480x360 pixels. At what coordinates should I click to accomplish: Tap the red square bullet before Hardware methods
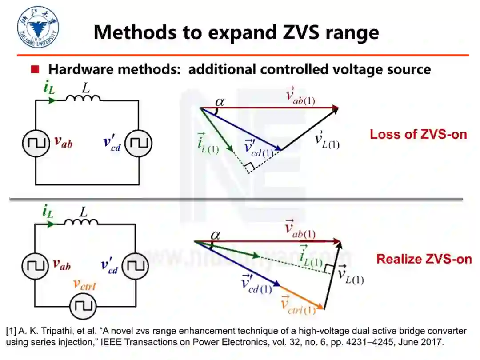click(x=35, y=69)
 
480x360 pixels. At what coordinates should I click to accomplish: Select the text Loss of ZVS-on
click(x=418, y=134)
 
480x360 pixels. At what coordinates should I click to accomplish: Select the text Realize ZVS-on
click(x=424, y=259)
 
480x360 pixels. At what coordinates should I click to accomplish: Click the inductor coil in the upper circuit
click(x=83, y=97)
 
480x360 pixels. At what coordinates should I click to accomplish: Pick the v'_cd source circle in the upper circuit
click(x=138, y=143)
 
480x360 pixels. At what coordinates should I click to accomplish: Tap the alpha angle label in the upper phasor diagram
click(x=220, y=103)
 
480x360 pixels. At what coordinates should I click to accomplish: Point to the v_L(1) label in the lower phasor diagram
click(x=350, y=274)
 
